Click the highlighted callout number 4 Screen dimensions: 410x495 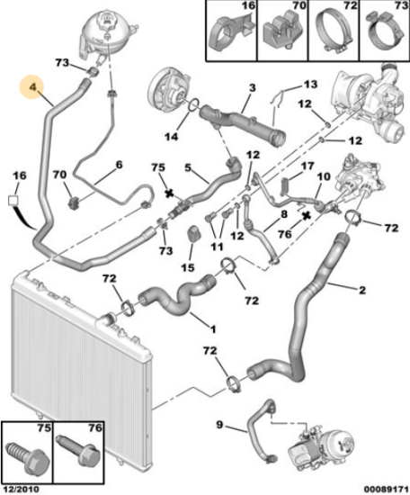33,86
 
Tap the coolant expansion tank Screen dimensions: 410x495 107,34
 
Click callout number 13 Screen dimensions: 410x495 310,85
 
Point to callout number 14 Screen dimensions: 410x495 171,137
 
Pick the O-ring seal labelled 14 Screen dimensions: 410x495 193,105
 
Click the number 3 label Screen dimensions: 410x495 252,88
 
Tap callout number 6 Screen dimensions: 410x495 119,165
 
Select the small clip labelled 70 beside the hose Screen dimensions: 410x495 74,202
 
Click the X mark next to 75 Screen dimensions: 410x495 170,193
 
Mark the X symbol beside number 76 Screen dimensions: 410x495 306,216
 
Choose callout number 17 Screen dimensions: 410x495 307,166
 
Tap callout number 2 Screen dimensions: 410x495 362,290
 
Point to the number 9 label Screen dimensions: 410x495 219,425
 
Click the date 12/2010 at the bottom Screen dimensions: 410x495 20,490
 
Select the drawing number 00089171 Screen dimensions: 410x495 387,490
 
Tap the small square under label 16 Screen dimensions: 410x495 13,201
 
